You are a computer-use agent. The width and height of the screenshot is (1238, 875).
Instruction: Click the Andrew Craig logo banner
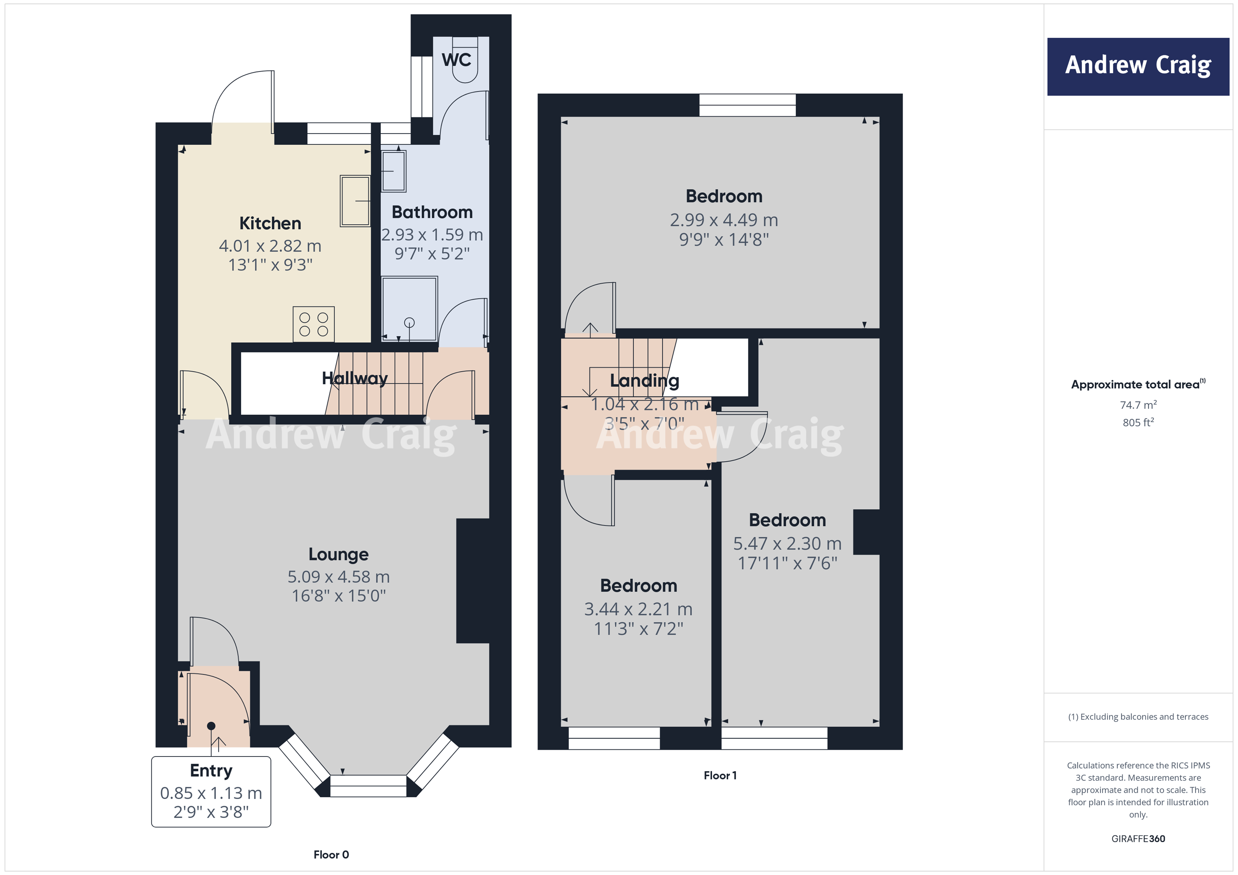(x=1138, y=66)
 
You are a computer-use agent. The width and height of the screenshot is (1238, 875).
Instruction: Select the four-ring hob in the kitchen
(x=313, y=324)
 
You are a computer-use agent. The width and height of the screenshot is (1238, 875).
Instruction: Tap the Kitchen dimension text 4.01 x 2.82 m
(x=270, y=246)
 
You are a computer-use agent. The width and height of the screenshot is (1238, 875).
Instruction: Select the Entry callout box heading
(x=211, y=770)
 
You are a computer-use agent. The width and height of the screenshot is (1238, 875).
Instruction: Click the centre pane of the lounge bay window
(x=368, y=785)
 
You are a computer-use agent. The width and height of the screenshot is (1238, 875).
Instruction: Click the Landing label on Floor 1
(x=645, y=381)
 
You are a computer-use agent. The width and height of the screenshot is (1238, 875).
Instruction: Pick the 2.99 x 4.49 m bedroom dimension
(x=724, y=220)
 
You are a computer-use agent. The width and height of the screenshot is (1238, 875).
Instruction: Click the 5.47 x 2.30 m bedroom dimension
(x=787, y=543)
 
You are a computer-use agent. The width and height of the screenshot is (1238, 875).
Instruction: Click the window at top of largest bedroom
(x=747, y=105)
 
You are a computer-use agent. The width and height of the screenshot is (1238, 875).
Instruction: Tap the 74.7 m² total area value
(x=1138, y=405)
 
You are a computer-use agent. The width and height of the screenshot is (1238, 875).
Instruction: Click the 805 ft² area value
(x=1138, y=423)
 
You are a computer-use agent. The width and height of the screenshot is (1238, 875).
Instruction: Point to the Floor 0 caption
(x=331, y=854)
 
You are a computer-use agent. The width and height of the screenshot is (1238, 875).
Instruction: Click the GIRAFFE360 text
(x=1138, y=838)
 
